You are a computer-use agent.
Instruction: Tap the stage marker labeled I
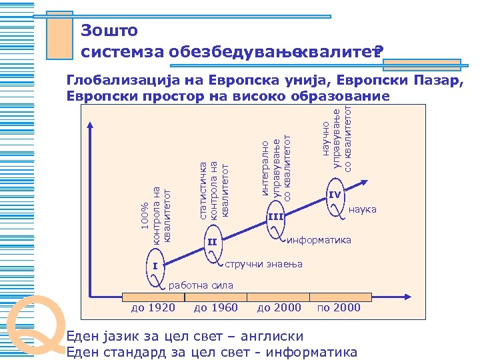pos(155,267)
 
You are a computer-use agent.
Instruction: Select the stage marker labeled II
pos(212,241)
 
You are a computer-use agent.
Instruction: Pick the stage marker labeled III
pos(275,217)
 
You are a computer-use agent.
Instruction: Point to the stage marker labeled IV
pos(335,195)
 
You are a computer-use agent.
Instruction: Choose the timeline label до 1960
pos(215,307)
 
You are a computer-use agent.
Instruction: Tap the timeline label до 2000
pos(279,307)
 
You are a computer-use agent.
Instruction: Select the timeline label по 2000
pos(339,307)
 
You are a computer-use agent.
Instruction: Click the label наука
pos(363,210)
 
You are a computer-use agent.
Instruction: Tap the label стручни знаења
pos(263,264)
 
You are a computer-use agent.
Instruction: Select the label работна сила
pos(201,285)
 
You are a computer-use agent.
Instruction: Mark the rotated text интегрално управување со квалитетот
pos(276,166)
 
